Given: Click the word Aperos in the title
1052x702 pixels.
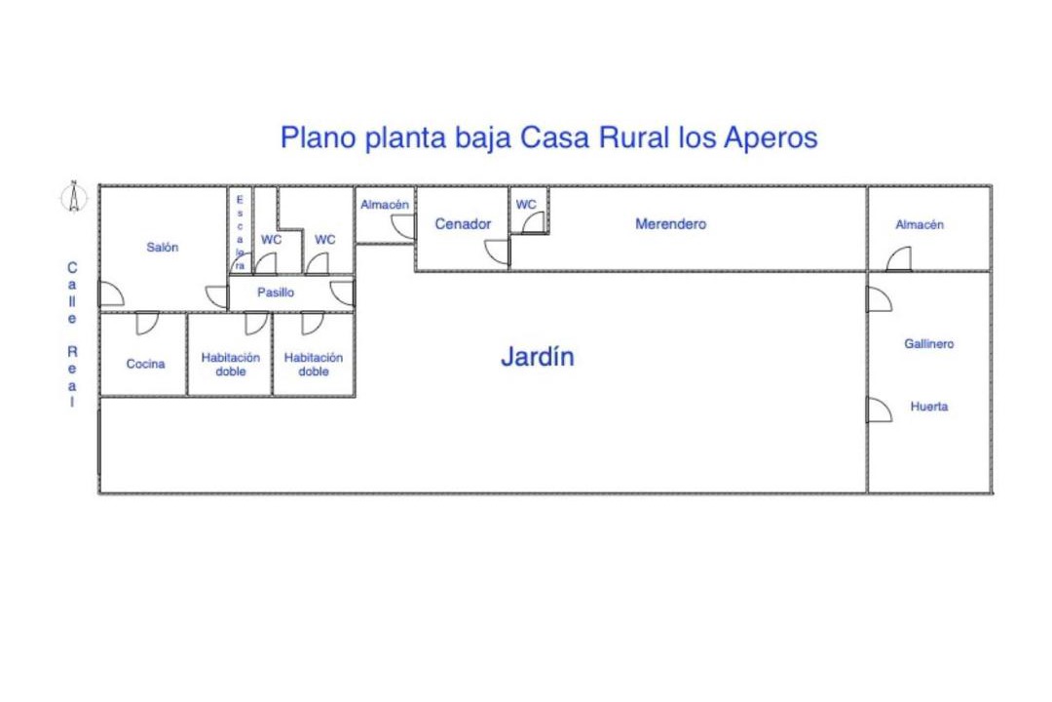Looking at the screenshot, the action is coord(770,138).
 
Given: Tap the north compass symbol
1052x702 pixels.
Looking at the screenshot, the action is coord(74,197).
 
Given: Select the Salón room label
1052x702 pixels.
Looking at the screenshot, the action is coord(163,248).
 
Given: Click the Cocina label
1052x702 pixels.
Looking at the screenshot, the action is coord(145,364).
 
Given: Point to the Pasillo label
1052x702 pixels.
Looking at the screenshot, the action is coord(276,292).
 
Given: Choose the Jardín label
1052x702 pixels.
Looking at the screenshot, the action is coord(538,356).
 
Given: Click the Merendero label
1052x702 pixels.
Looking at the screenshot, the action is coord(671,223).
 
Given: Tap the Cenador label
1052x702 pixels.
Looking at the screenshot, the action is coord(463,223).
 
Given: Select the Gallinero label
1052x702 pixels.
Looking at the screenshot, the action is coord(928,344).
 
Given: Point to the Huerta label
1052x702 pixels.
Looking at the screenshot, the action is coord(929,407).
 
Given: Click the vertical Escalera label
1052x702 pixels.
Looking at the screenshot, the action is coord(240,232).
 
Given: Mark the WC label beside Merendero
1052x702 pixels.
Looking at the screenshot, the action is coord(526,204).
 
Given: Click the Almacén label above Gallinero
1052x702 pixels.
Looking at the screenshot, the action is coord(920,224).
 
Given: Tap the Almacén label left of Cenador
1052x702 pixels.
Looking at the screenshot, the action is coord(385,204).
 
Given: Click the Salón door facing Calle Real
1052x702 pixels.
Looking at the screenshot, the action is coord(111,293).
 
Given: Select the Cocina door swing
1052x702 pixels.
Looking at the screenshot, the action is coord(147,323).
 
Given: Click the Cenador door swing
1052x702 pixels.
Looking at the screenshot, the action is coord(498,252).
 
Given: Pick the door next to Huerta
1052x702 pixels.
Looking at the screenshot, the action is coord(880,409).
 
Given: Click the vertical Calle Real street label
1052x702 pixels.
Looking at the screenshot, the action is coord(72,334).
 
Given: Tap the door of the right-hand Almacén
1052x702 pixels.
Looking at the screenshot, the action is coord(899,259).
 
